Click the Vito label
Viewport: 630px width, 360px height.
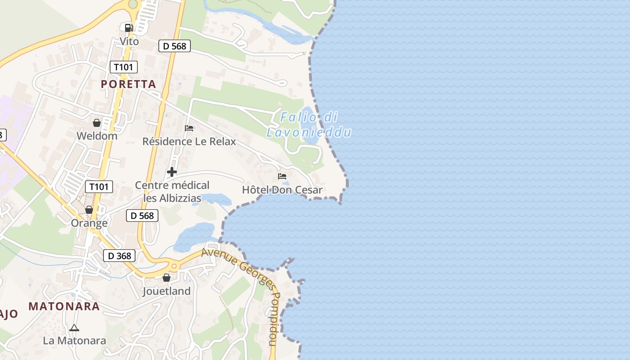coord(129,41)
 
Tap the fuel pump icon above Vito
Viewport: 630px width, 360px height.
coord(129,28)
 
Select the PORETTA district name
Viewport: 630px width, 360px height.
coord(128,84)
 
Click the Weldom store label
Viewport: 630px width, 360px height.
coord(97,136)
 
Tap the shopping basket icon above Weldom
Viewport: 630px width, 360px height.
coord(97,122)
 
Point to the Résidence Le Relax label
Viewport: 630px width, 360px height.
coord(189,141)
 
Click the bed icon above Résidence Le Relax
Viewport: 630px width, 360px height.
coord(189,128)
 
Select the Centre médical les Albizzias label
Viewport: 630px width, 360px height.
coord(172,191)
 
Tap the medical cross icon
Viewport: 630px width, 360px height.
coord(171,172)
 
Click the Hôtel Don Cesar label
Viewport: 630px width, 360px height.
coord(282,190)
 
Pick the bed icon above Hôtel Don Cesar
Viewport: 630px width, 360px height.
coord(282,176)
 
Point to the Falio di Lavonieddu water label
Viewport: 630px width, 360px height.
coord(309,125)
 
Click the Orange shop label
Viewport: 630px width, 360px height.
coord(89,223)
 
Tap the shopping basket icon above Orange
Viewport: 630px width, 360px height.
coord(89,210)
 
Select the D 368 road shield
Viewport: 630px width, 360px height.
coord(120,256)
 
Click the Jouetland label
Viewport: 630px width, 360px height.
coord(166,291)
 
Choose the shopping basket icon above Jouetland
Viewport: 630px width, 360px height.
coord(166,278)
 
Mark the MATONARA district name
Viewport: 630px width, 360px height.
coord(64,306)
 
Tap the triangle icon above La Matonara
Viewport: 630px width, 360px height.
coord(74,328)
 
